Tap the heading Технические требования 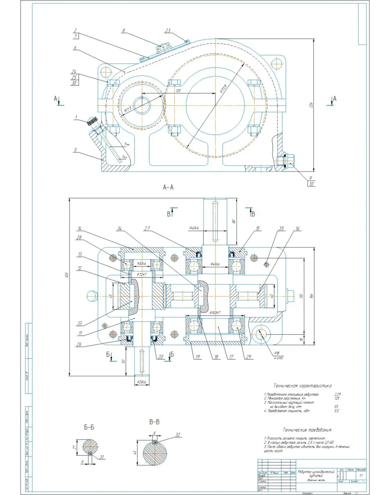pyautogui.click(x=307, y=429)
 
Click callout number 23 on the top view pyautogui.click(x=168, y=30)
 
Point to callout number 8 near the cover pyautogui.click(x=123, y=31)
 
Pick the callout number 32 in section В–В pyautogui.click(x=178, y=435)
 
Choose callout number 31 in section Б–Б pyautogui.click(x=102, y=457)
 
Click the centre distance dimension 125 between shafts pyautogui.click(x=177, y=90)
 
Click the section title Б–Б pyautogui.click(x=90, y=427)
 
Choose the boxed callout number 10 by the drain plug pyautogui.click(x=311, y=183)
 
